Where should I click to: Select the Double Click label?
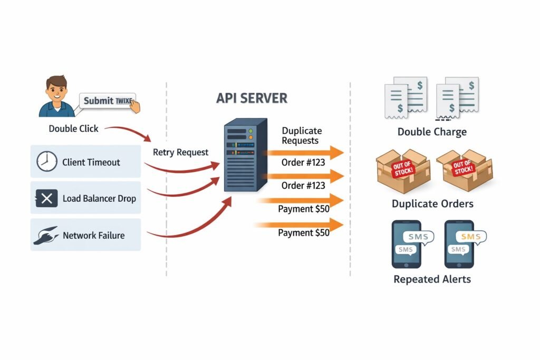(73, 129)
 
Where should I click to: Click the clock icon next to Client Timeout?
(46, 162)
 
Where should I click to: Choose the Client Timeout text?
(91, 162)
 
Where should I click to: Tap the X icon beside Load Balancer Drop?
(46, 199)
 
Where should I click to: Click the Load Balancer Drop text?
(99, 199)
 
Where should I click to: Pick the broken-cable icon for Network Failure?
(46, 235)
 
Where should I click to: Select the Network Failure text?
(94, 235)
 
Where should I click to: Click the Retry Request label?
(180, 152)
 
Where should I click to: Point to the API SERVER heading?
(252, 98)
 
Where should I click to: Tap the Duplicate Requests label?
(301, 135)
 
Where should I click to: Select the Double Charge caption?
(432, 132)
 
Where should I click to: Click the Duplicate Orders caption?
(432, 203)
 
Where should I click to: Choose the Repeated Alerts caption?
(432, 279)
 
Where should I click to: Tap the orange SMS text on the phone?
(470, 237)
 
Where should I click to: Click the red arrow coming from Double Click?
(132, 132)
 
